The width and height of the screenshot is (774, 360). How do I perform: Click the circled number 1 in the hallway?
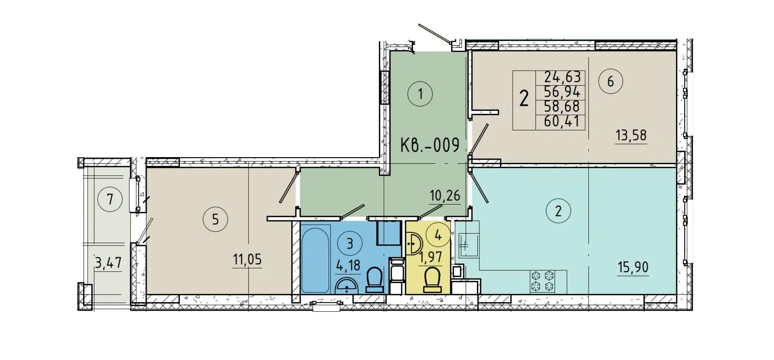(x=420, y=94)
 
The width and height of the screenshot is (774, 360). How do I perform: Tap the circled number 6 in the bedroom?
(x=610, y=81)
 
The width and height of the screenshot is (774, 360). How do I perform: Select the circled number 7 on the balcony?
(x=110, y=199)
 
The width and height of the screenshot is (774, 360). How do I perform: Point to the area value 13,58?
(x=631, y=135)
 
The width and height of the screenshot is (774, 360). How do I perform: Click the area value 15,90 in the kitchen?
(x=633, y=267)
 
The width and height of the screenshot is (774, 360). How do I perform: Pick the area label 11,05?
(x=247, y=259)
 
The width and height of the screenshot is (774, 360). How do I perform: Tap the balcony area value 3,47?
(x=108, y=263)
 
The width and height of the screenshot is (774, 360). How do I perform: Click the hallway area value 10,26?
(x=445, y=195)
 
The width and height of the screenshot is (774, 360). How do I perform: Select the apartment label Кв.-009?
(x=430, y=145)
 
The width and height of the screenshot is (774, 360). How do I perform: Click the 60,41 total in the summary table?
(x=562, y=122)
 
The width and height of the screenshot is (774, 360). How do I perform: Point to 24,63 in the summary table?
(x=562, y=77)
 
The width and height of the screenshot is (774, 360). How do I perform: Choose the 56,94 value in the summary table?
(x=562, y=92)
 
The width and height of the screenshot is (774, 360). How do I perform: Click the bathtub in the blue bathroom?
(x=315, y=260)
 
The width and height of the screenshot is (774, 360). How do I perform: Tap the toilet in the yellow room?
(x=432, y=279)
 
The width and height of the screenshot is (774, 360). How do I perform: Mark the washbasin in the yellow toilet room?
(x=413, y=243)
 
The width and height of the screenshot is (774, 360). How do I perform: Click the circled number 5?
(x=215, y=219)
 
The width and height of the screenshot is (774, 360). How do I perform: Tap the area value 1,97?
(x=430, y=257)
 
